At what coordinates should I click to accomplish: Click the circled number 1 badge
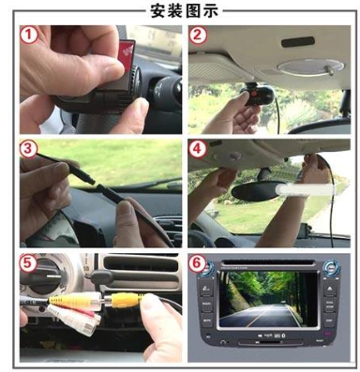[28, 35]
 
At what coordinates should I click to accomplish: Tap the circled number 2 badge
[197, 35]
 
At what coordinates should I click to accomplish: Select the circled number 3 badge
[28, 149]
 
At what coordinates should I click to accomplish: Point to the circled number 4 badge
[197, 149]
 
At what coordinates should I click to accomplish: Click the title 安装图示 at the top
[184, 10]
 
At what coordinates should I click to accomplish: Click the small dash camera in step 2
[257, 96]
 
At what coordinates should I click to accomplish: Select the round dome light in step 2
[310, 67]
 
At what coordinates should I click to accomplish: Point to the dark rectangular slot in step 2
[298, 41]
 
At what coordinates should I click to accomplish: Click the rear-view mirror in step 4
[256, 190]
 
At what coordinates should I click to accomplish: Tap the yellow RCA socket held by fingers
[124, 300]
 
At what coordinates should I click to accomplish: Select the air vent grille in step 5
[141, 268]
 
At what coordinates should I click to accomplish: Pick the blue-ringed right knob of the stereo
[331, 268]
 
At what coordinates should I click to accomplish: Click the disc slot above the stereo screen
[269, 262]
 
